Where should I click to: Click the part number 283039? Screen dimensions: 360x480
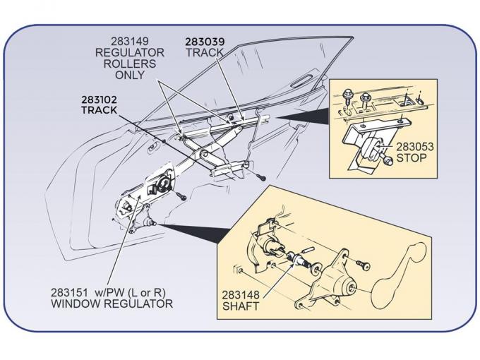pos(205,42)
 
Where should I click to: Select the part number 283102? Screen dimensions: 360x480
pos(99,100)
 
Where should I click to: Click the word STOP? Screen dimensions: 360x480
pos(411,157)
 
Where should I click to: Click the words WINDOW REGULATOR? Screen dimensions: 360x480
pos(112,304)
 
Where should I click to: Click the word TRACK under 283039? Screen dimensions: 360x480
pos(205,52)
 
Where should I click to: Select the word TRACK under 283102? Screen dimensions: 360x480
pos(99,111)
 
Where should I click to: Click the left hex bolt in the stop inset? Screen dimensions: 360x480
pos(349,94)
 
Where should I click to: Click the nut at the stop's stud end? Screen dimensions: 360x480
pos(389,162)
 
